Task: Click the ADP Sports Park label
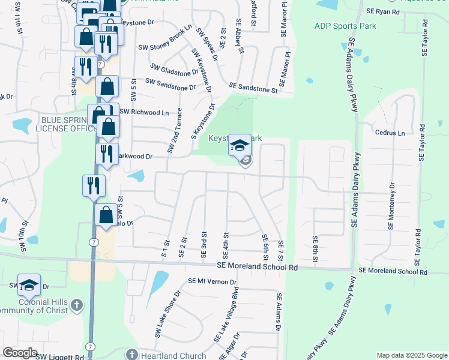coord(345,26)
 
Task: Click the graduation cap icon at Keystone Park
coord(240,146)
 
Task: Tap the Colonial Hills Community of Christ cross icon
coord(76,305)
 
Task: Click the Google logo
coord(20,353)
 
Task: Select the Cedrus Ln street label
coord(390,133)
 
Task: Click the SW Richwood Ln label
coord(144,112)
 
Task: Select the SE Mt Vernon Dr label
coord(212,281)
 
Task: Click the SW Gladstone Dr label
coord(174,70)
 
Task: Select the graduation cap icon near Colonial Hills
coord(29,286)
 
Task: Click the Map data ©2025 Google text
coord(411,355)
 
